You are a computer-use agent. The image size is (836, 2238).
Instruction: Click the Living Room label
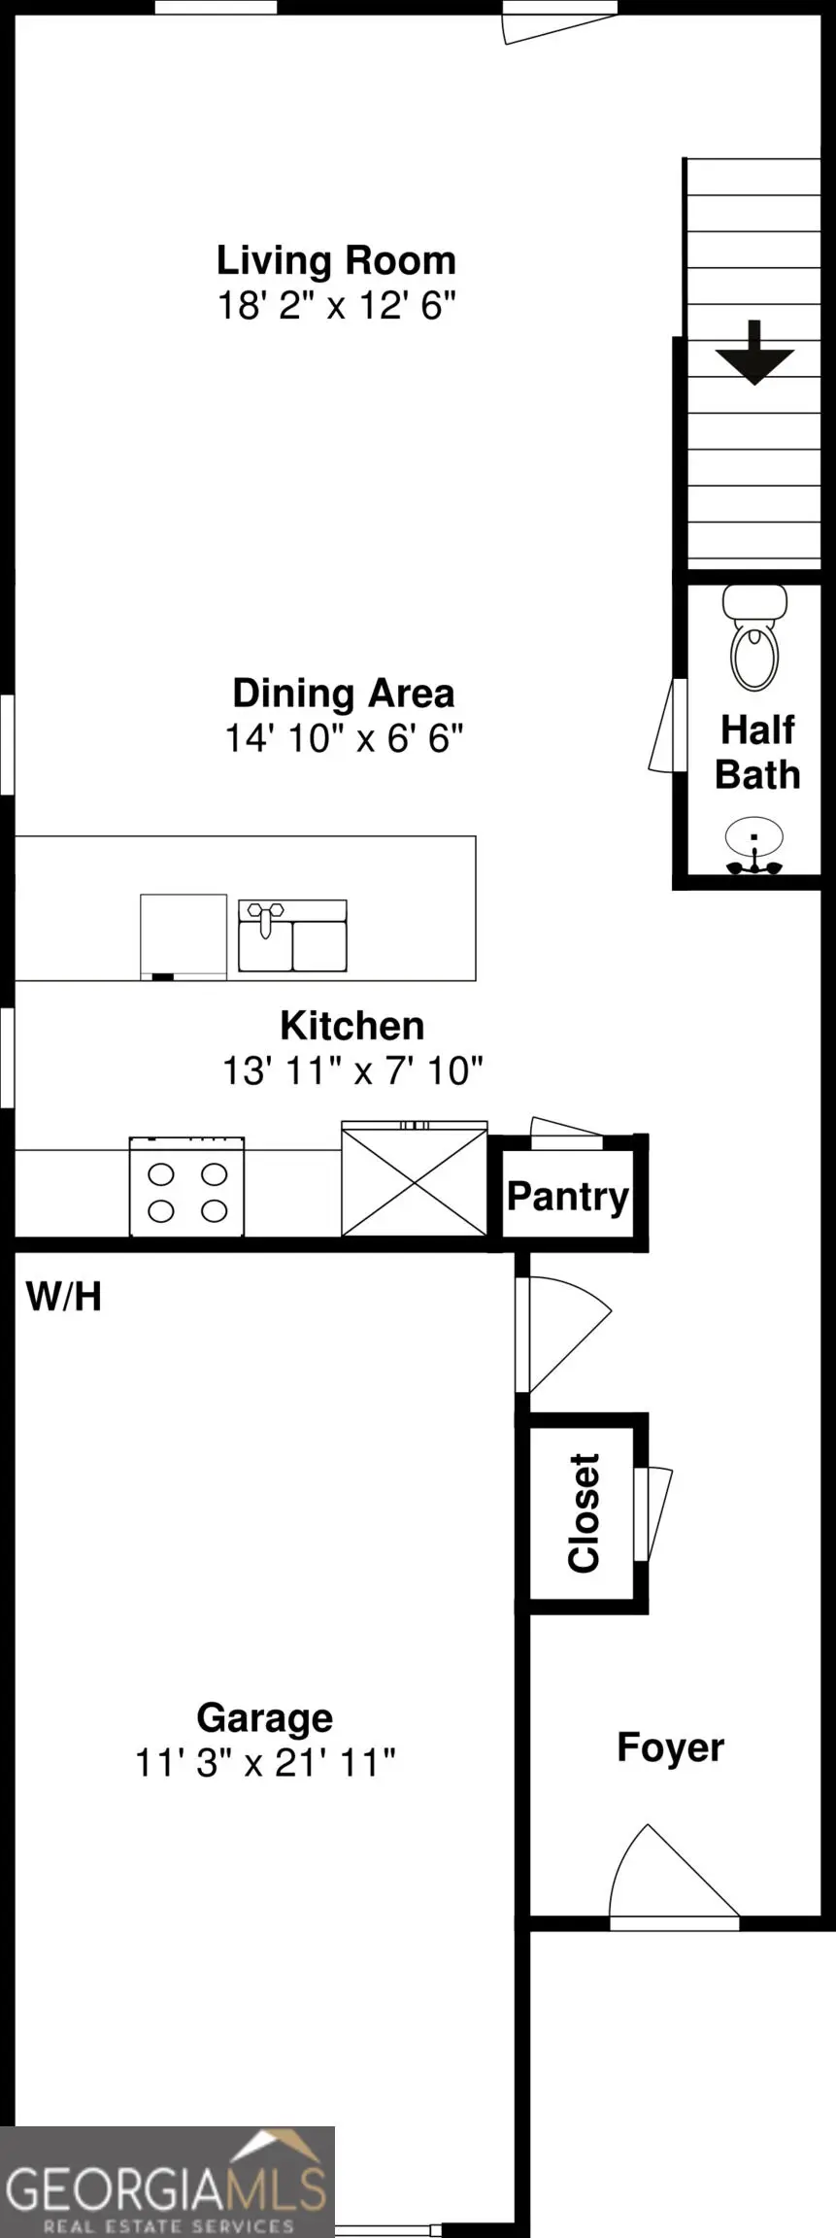tap(336, 260)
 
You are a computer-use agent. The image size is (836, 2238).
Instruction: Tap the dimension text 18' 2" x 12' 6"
tap(336, 306)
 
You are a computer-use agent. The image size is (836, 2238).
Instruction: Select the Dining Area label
tap(344, 693)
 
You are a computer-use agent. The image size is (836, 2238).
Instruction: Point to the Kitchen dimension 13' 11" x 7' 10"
tap(352, 1071)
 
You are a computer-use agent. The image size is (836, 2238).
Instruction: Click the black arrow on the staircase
tap(754, 353)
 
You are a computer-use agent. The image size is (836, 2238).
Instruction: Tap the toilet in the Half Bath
tap(754, 636)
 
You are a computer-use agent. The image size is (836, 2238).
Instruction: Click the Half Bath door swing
tap(669, 727)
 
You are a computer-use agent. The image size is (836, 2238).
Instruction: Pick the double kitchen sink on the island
tap(293, 935)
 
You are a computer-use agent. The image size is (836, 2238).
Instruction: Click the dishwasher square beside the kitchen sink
tap(184, 936)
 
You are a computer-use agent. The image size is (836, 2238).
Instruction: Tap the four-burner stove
tap(186, 1186)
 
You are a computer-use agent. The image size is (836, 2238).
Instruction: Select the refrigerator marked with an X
tap(414, 1179)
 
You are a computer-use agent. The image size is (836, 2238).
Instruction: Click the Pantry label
tap(568, 1196)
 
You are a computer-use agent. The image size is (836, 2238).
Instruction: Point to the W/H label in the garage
tap(63, 1297)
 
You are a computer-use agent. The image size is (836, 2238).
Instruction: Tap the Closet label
tap(585, 1512)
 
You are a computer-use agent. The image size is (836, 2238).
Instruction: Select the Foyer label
tap(671, 1747)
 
